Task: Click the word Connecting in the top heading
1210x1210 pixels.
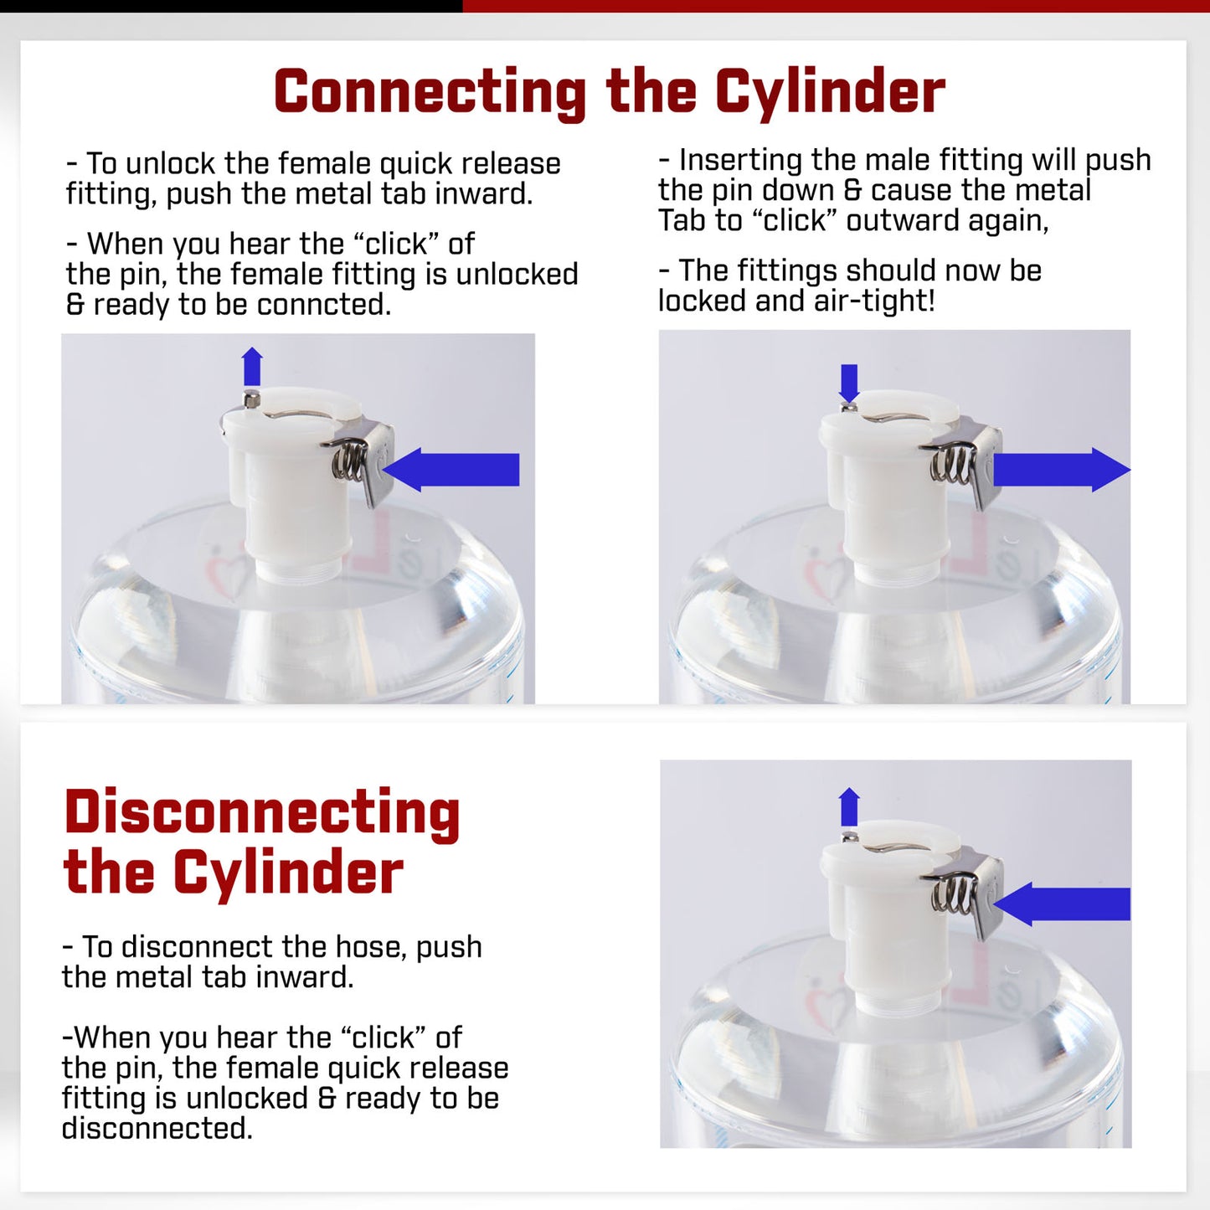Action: coord(430,93)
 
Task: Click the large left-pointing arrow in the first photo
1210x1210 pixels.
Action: coord(451,470)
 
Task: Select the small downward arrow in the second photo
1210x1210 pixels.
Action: coord(849,383)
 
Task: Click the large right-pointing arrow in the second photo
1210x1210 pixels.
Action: coord(1062,470)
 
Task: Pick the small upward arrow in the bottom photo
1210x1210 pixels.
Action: coord(849,807)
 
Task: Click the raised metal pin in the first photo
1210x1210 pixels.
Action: coord(251,398)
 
